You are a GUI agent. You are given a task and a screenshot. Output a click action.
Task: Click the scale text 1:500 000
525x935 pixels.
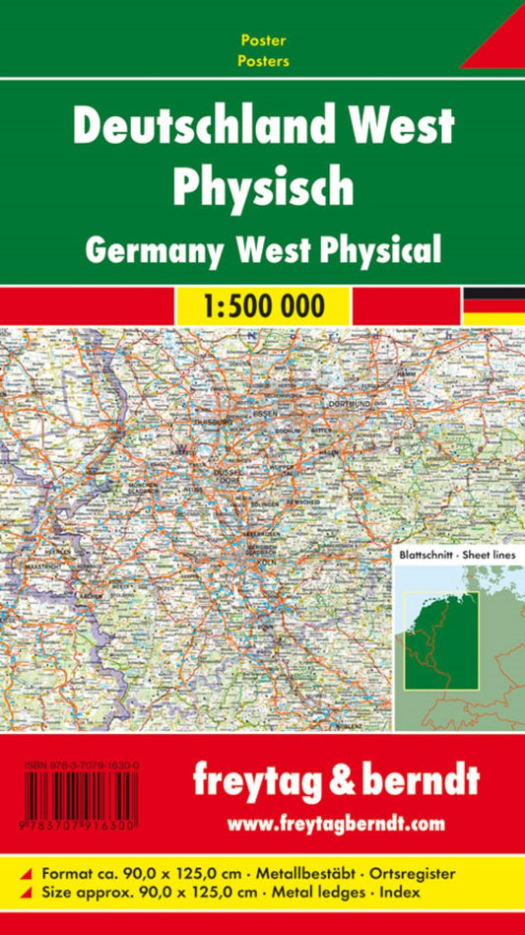pos(262,305)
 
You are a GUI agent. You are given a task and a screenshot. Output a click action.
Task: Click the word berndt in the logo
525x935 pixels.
pos(415,780)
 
